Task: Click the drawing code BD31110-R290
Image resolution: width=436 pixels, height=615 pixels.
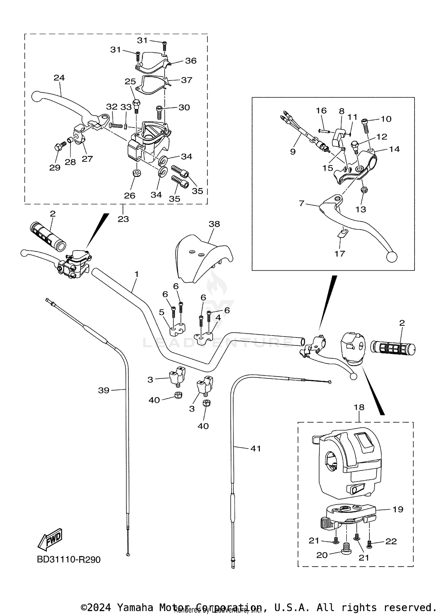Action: pyautogui.click(x=69, y=560)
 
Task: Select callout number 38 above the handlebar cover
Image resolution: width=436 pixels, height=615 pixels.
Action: pyautogui.click(x=214, y=224)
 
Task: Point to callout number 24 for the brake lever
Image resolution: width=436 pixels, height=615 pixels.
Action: pyautogui.click(x=59, y=78)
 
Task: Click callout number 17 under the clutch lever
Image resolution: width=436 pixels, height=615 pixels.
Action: pyautogui.click(x=339, y=254)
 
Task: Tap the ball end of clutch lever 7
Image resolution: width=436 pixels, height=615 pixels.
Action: pyautogui.click(x=392, y=257)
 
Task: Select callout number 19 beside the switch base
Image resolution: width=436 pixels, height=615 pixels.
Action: pyautogui.click(x=398, y=509)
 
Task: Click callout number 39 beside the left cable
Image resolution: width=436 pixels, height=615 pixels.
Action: pyautogui.click(x=103, y=390)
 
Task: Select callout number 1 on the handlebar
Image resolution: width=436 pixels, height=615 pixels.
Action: pyautogui.click(x=137, y=274)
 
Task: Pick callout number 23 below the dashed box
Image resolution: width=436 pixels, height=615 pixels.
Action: pyautogui.click(x=123, y=219)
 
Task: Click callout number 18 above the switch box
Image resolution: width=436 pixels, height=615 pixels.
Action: pyautogui.click(x=359, y=407)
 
